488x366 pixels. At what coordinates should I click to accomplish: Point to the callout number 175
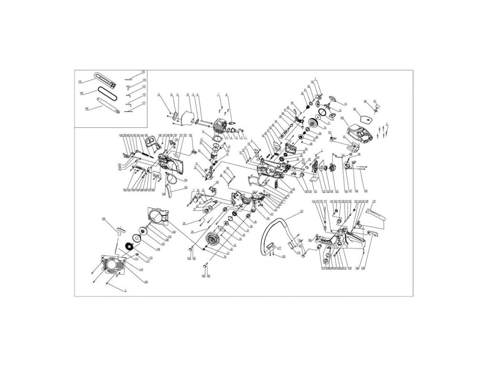(143, 72)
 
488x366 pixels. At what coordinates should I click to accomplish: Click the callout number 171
(143, 103)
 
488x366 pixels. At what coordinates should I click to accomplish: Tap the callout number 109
(103, 219)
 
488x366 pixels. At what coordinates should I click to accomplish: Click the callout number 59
(366, 191)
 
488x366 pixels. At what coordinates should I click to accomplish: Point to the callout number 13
(158, 94)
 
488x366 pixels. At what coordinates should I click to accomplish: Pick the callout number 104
(174, 231)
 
